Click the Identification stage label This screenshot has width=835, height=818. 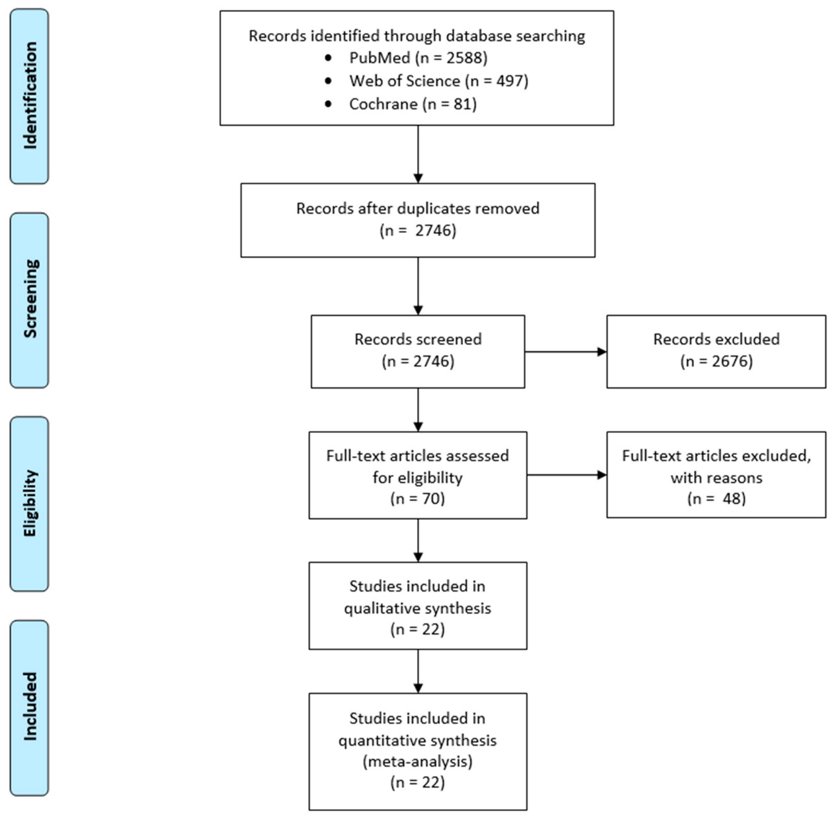[30, 95]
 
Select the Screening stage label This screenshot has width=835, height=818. [30, 299]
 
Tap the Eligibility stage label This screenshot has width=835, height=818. [30, 503]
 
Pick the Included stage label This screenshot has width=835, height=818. [30, 706]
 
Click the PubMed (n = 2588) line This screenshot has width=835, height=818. [418, 58]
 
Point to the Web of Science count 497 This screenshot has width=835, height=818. [510, 81]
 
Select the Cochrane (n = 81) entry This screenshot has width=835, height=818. [413, 104]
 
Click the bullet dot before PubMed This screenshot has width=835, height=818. [328, 58]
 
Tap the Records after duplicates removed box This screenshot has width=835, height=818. [417, 220]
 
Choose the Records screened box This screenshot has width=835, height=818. [417, 351]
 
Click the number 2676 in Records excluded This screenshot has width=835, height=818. [730, 361]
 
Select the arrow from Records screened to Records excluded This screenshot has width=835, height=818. [566, 352]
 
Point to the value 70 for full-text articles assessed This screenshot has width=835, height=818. [431, 498]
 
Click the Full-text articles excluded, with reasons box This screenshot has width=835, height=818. [716, 474]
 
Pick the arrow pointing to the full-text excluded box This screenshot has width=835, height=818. [567, 475]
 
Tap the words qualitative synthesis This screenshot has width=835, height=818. [417, 608]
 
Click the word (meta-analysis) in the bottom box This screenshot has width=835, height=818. [417, 761]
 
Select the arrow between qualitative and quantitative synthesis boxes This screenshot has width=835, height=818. [418, 671]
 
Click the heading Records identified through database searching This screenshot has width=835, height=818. [417, 36]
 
